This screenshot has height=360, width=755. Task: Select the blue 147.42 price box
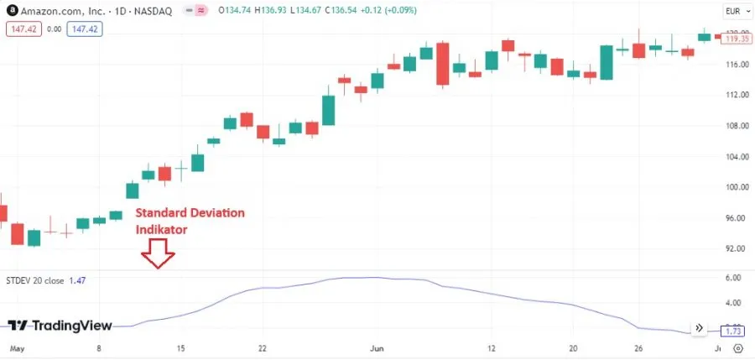click(84, 29)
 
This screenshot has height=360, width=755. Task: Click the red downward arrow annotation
click(157, 253)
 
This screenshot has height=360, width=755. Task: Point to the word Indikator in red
click(162, 229)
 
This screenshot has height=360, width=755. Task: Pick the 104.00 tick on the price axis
click(737, 157)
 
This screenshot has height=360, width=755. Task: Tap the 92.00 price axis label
click(737, 248)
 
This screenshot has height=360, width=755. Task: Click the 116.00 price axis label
click(737, 65)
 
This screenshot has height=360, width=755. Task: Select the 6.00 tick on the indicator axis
click(732, 278)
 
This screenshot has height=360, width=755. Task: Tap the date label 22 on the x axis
click(263, 347)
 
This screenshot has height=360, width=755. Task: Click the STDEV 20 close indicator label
click(34, 279)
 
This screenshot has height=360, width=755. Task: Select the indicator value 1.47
click(77, 279)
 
